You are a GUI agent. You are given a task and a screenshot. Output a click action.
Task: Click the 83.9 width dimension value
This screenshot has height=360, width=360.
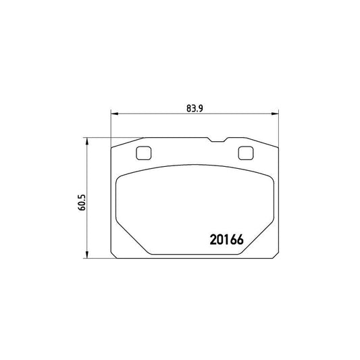pyautogui.click(x=193, y=107)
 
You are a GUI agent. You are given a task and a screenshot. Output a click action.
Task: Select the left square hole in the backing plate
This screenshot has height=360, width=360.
pyautogui.click(x=143, y=154)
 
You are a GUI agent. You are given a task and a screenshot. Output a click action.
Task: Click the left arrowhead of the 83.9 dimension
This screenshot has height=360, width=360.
pyautogui.click(x=113, y=113)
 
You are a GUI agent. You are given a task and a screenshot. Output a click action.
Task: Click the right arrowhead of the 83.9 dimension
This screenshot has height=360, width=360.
pyautogui.click(x=274, y=113)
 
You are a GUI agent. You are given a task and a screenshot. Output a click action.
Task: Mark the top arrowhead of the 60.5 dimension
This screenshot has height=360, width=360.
pyautogui.click(x=87, y=140)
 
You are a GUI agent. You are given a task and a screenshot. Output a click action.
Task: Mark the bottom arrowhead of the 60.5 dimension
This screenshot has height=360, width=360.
pyautogui.click(x=87, y=255)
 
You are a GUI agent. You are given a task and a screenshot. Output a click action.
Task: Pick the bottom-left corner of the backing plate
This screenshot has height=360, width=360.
pyautogui.click(x=111, y=257)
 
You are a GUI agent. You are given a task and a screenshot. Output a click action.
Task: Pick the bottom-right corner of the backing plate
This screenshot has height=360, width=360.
pyautogui.click(x=277, y=257)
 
